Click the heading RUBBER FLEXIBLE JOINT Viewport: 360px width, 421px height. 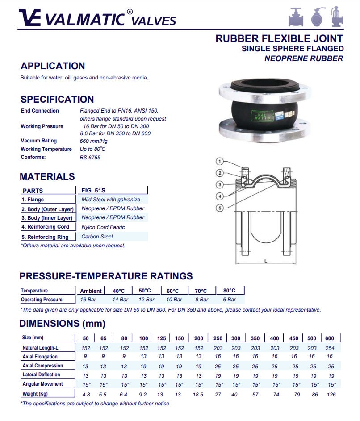coord(279,38)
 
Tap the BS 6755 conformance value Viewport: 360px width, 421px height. coord(90,158)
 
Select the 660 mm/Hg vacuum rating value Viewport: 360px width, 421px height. coord(93,141)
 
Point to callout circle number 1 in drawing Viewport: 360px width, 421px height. coord(219,161)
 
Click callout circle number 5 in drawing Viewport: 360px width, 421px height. coord(219,208)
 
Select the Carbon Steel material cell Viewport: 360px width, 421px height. coord(97,237)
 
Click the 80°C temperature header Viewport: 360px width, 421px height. coord(229,291)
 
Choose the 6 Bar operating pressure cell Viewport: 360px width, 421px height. coord(229,300)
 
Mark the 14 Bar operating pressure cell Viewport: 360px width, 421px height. coord(120,300)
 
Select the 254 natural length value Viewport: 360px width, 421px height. coord(331,348)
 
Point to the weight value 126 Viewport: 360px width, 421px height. coord(331,395)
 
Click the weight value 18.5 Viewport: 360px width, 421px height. coord(198,395)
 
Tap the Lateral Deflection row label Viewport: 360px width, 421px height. coord(41,375)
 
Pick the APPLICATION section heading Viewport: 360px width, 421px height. coord(53,66)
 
